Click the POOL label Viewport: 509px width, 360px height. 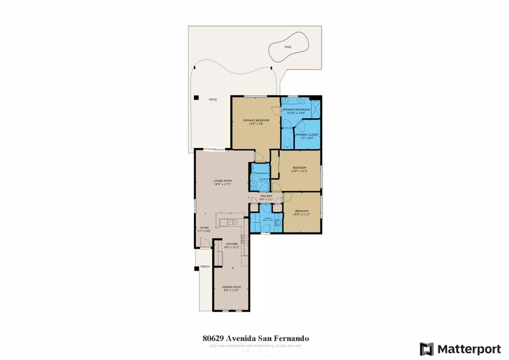coord(288,47)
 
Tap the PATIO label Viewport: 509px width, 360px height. coord(213,99)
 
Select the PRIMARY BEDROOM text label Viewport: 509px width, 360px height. coord(256,120)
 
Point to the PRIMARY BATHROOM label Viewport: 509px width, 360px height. coord(296,109)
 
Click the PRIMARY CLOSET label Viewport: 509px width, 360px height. coord(307,135)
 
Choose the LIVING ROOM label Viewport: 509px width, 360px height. coord(223,180)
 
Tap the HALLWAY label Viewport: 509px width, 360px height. coord(266,196)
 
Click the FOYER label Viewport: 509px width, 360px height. coord(204,228)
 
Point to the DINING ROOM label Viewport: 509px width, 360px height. coord(232,287)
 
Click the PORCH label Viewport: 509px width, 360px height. coord(205,267)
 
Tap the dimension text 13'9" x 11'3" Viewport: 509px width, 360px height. coord(299,171)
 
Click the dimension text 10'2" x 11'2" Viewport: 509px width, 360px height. coord(302,215)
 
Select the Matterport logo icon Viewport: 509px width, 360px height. coord(426,349)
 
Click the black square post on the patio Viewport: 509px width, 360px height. coord(196,97)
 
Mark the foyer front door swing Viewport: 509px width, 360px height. coord(204,243)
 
